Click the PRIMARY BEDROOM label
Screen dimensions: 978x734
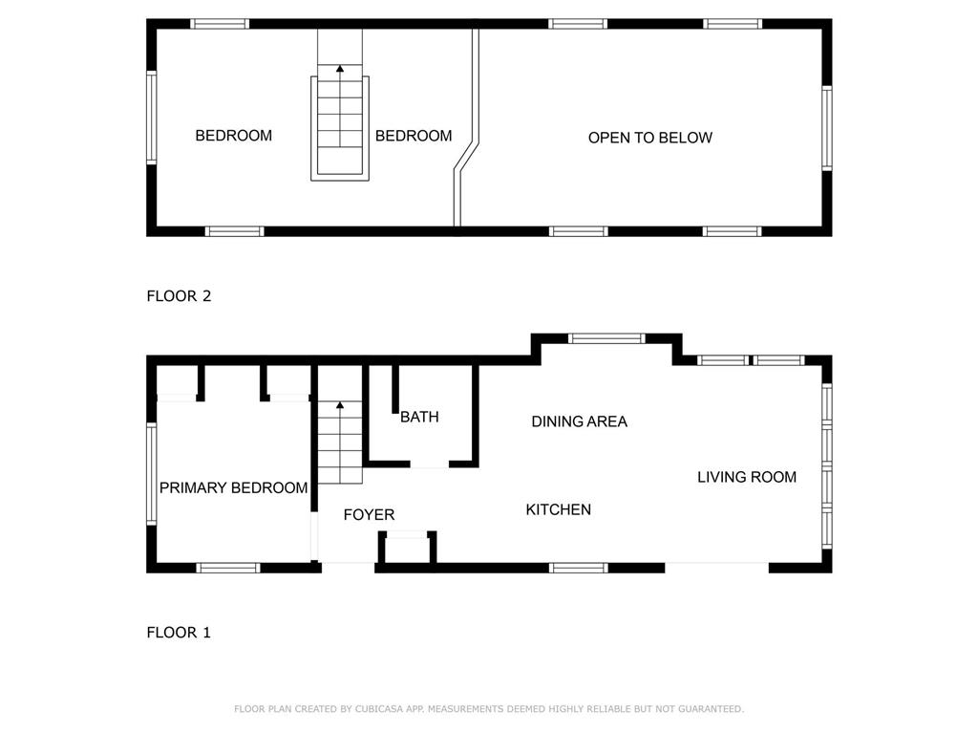click(233, 487)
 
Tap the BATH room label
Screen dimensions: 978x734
click(419, 417)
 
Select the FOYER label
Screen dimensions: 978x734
click(369, 515)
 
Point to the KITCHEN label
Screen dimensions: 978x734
click(558, 510)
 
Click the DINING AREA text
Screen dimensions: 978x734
click(579, 421)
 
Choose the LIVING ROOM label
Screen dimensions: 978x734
click(747, 478)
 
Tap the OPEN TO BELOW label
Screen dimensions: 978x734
click(649, 138)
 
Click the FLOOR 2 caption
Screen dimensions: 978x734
click(179, 296)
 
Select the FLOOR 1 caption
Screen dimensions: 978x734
click(179, 633)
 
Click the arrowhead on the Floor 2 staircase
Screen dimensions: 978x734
click(340, 69)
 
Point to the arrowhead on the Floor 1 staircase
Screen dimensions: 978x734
click(340, 405)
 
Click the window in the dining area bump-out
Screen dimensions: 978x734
click(606, 339)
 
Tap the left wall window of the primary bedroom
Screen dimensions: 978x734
click(151, 473)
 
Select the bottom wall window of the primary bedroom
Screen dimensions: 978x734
click(228, 568)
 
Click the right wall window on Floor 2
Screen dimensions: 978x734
click(827, 128)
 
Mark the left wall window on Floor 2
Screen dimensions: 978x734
click(151, 118)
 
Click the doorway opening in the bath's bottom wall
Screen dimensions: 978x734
click(430, 464)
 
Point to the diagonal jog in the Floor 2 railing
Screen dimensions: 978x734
click(466, 156)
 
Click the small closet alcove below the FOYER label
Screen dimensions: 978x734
click(407, 548)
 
